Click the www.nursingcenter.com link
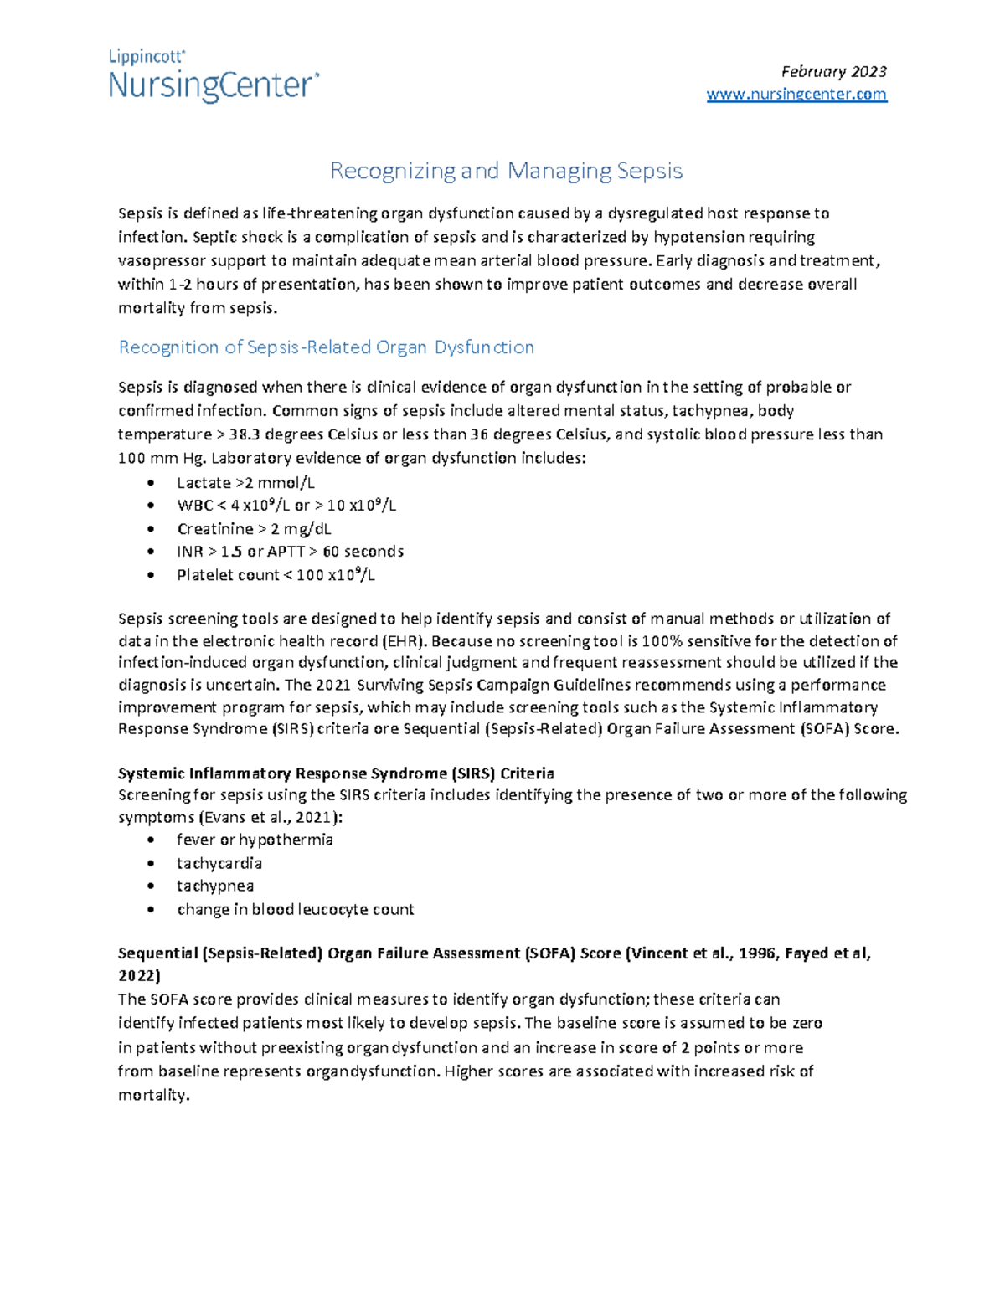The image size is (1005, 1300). click(x=796, y=95)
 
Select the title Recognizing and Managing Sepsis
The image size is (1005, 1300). click(x=506, y=171)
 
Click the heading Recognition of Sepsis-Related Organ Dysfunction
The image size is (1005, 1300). click(x=326, y=347)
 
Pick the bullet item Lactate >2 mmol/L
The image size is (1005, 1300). click(x=245, y=483)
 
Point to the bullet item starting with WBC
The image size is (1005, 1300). click(x=286, y=506)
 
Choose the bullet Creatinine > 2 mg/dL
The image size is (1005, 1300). click(x=254, y=529)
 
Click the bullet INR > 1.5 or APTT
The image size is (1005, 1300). click(x=290, y=552)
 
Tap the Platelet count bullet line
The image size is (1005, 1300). click(x=276, y=575)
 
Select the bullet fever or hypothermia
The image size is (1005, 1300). click(x=255, y=840)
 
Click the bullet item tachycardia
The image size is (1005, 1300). click(x=219, y=863)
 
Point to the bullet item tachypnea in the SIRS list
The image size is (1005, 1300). click(x=215, y=886)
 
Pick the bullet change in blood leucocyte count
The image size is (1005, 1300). click(x=295, y=909)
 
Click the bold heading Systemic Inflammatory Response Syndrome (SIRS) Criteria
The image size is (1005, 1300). click(x=336, y=773)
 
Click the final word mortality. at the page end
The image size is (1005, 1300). click(x=154, y=1095)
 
